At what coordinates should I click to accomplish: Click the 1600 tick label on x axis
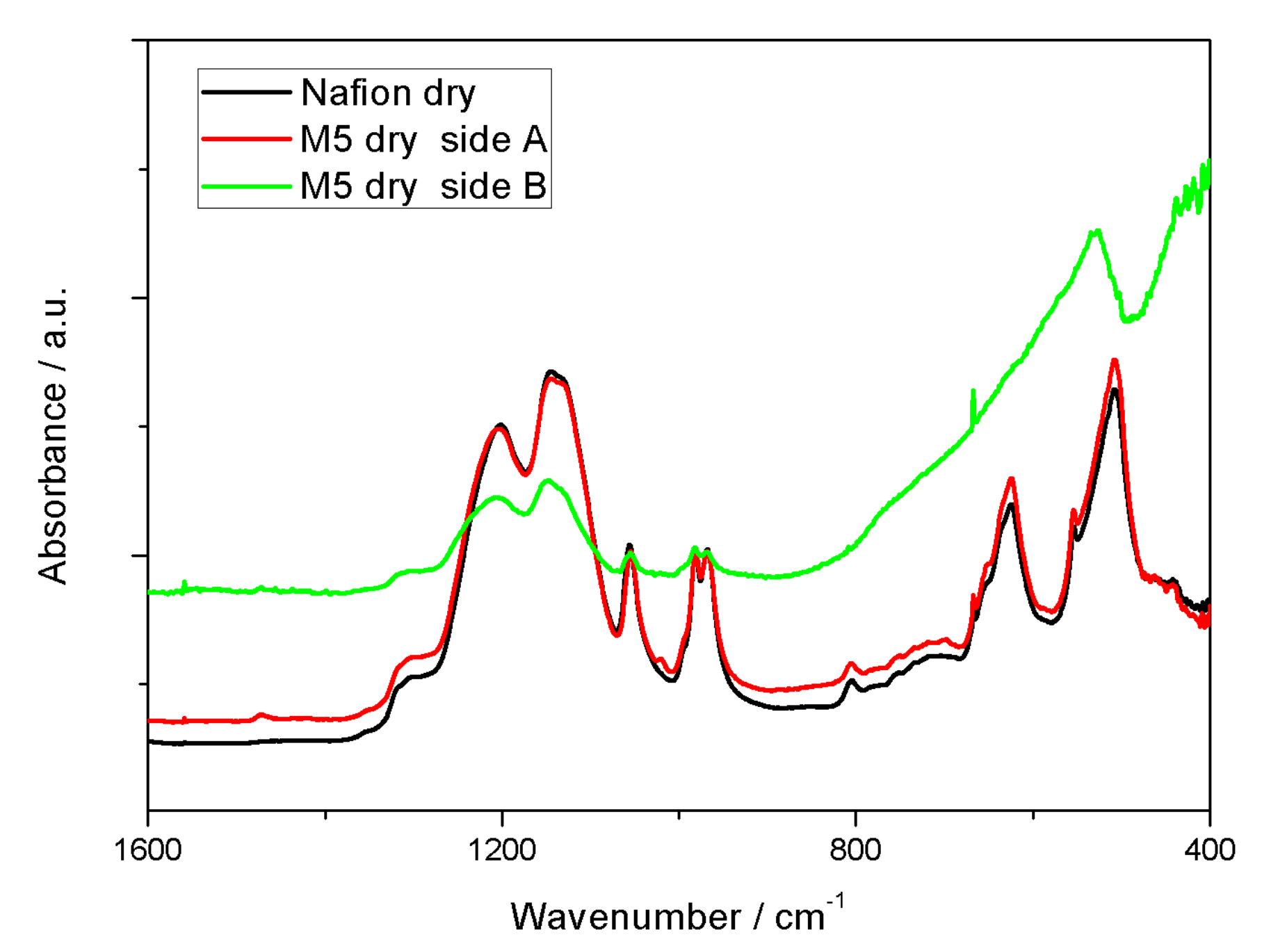[147, 850]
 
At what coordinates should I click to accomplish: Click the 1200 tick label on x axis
[501, 850]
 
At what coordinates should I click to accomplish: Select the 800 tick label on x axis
[855, 850]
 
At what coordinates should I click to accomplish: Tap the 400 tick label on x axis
[1209, 850]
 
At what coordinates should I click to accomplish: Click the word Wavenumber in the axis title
[625, 917]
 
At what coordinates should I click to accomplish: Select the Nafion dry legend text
[388, 93]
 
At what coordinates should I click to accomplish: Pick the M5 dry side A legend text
[423, 140]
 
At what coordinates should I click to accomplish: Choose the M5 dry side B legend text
[423, 186]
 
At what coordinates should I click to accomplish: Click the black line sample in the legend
[245, 92]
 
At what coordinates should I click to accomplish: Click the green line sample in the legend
[245, 186]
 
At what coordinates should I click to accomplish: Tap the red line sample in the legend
[245, 139]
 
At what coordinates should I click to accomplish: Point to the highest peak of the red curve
[1115, 360]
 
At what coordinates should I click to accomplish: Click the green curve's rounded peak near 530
[1097, 231]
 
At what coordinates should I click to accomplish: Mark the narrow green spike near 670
[973, 393]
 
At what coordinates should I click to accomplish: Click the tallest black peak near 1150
[550, 371]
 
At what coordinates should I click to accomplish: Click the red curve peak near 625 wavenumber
[1012, 479]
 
